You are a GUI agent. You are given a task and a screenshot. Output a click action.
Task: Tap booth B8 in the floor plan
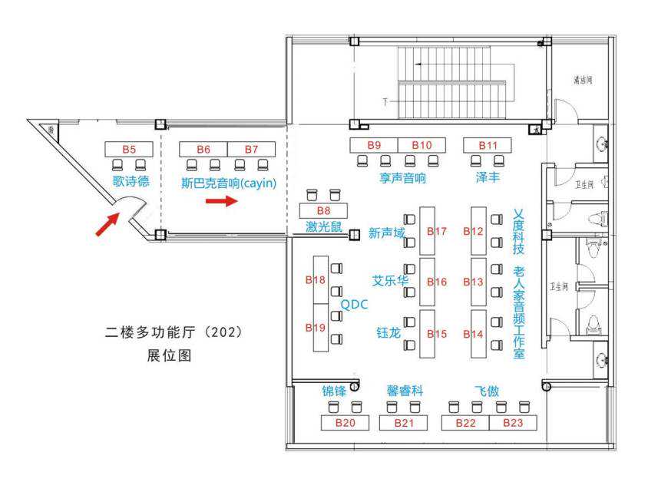point(323,210)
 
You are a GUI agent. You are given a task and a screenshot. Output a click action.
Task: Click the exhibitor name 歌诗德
point(131,182)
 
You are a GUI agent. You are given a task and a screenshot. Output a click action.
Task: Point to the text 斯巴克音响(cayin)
point(228,183)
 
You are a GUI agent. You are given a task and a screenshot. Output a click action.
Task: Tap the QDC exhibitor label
point(354,305)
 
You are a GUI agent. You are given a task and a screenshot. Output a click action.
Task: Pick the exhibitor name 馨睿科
point(405,390)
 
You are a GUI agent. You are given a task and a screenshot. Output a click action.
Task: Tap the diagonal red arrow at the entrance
point(107,225)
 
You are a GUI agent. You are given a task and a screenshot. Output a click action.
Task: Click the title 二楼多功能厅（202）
point(174,334)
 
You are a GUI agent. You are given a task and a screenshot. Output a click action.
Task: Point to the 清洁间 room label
point(583,80)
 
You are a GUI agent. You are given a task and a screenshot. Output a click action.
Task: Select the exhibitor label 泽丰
point(488,178)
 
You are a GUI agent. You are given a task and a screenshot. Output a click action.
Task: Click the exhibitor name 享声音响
point(402,178)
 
